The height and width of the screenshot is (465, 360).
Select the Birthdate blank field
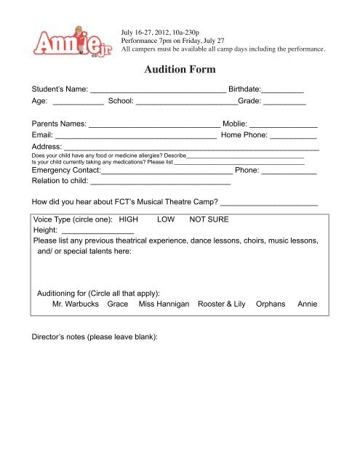click(282, 92)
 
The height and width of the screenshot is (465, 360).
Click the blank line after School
click(186, 105)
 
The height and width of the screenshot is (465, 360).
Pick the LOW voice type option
click(165, 219)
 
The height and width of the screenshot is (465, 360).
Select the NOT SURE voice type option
click(209, 219)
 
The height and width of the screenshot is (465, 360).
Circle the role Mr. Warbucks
click(72, 304)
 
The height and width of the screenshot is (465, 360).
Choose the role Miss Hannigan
click(164, 304)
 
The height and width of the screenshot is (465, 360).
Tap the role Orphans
click(271, 304)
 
